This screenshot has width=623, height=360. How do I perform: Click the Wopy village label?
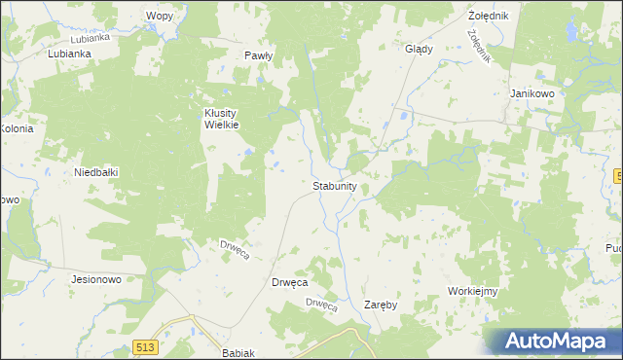(159, 17)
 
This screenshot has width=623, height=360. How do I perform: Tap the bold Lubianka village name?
(69, 54)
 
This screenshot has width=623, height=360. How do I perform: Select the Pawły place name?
(258, 56)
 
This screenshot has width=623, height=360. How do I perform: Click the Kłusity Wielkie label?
(221, 119)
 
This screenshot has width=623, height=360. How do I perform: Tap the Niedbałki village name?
(96, 172)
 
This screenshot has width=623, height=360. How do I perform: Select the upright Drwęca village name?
(288, 282)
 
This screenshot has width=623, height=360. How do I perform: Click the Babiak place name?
(238, 353)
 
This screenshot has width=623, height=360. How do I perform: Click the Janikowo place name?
(531, 93)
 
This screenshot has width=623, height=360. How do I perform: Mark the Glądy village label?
(418, 49)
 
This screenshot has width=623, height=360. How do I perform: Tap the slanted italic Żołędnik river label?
(477, 45)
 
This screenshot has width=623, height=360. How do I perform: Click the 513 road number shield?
(146, 347)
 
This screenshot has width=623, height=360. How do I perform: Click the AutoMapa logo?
(553, 341)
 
